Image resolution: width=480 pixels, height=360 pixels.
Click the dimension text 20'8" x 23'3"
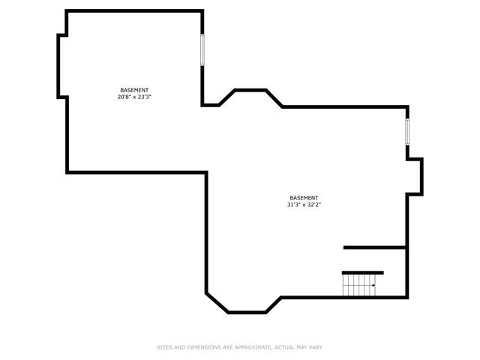pos(135,97)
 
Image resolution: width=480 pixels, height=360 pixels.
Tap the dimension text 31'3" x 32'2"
pos(304,205)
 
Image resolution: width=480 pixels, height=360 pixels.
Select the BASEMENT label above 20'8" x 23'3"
pos(134,90)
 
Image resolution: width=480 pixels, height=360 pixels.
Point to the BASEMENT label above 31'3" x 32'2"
pos(304,198)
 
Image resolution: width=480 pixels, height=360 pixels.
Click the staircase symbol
pos(359,285)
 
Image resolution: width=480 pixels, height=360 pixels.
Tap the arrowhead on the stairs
pos(373,285)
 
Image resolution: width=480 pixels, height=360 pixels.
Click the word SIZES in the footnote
pos(164,347)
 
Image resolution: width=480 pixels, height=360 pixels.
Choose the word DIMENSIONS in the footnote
pos(199,347)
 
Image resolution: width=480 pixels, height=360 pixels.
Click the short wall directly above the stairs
pos(363,272)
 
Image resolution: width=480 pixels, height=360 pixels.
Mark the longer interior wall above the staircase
pos(375,247)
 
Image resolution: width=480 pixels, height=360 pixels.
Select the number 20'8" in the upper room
pos(124,97)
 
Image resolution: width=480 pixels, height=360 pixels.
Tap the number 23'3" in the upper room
pos(146,97)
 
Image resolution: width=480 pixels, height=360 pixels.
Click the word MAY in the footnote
pos(298,347)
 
